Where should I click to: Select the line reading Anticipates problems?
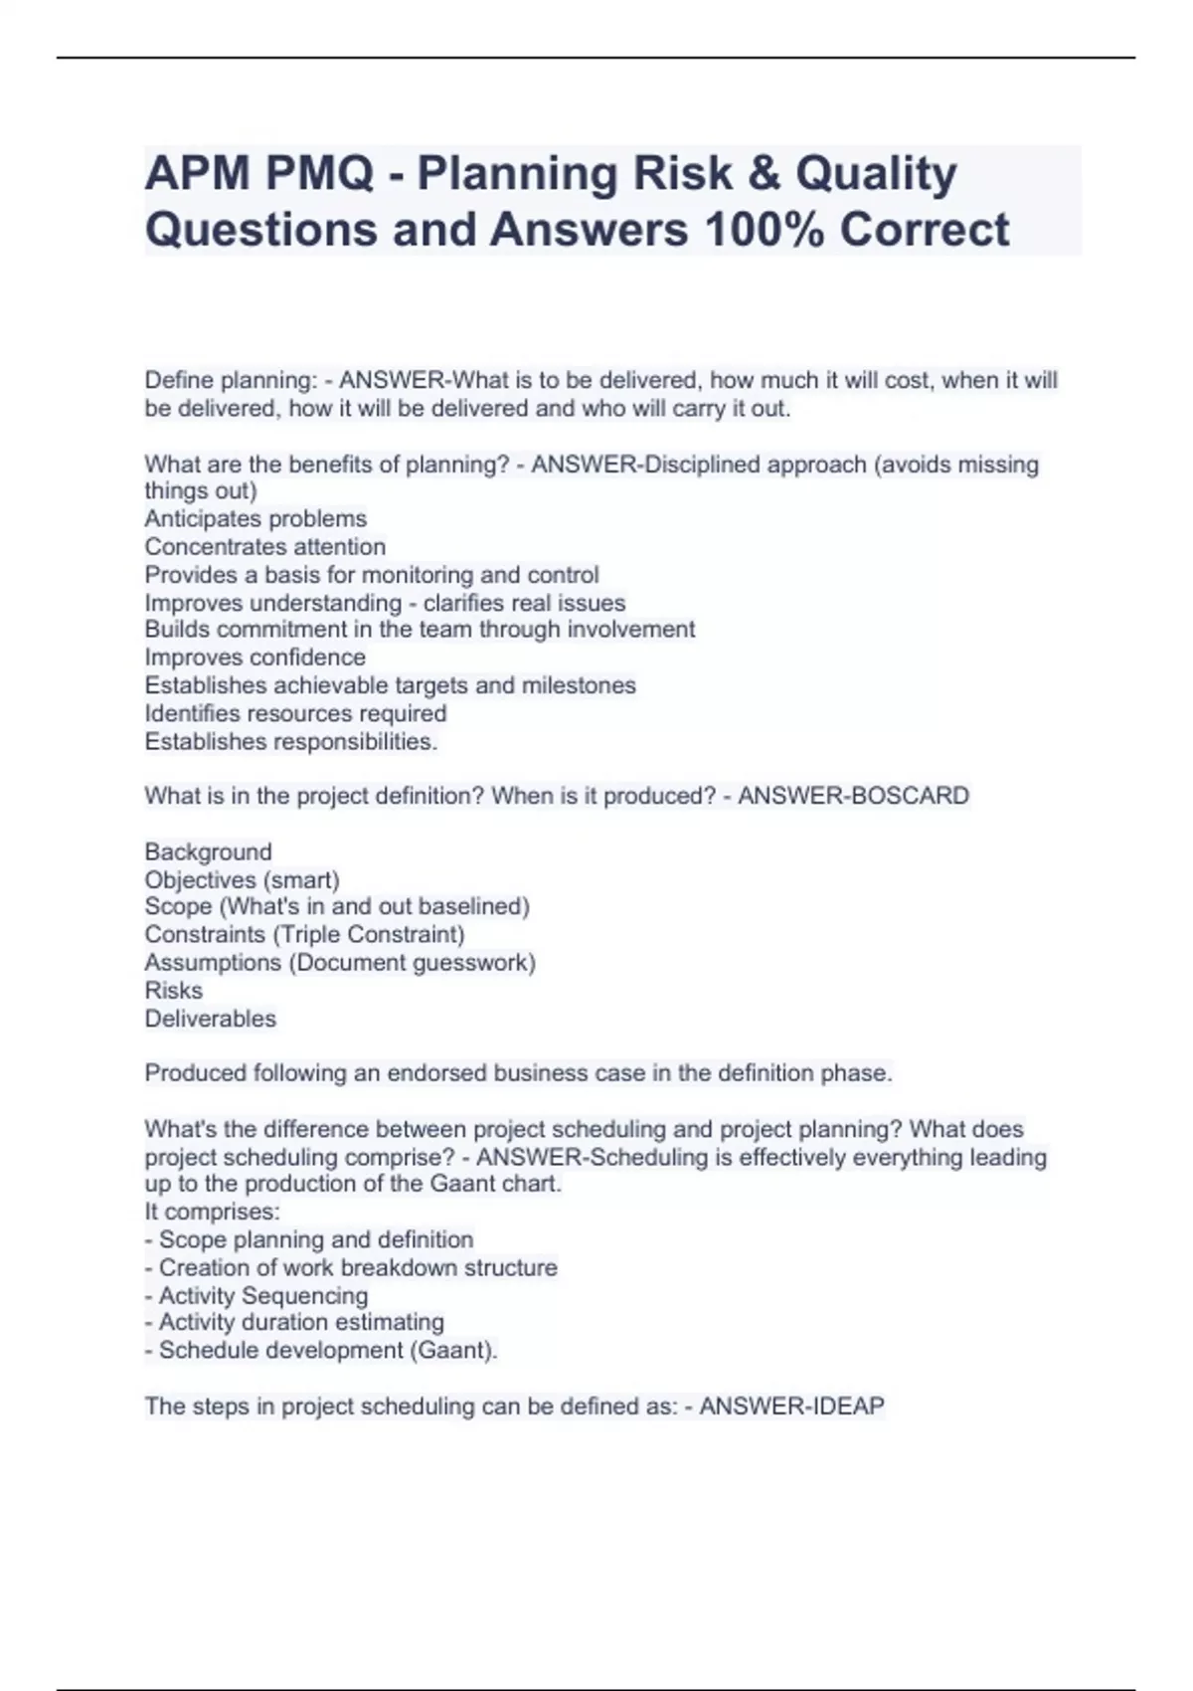coord(256,518)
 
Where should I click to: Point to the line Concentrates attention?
coord(264,546)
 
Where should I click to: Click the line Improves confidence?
coord(255,658)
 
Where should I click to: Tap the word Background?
coord(208,851)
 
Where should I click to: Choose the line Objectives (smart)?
coord(242,879)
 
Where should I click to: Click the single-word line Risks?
coord(173,991)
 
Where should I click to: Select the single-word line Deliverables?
coord(210,1019)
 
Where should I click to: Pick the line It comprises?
coord(212,1212)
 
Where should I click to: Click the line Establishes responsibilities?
coord(290,741)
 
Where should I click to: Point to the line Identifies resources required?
coord(295,713)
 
